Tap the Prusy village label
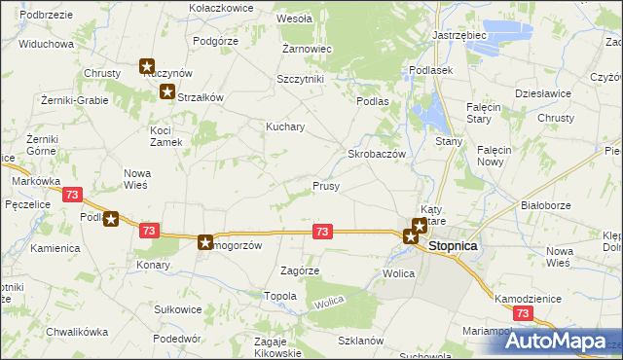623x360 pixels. [325, 185]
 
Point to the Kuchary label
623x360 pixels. [286, 126]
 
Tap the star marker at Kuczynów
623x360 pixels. [147, 66]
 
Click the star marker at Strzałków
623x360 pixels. [166, 92]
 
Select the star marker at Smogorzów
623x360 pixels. [205, 241]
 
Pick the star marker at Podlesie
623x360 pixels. [111, 219]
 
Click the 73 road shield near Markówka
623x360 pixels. [70, 195]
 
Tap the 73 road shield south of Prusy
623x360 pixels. [323, 231]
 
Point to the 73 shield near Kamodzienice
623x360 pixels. [523, 313]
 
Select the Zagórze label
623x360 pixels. [299, 270]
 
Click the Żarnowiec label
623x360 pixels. [308, 48]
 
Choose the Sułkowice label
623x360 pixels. [178, 309]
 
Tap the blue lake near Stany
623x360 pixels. [431, 115]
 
